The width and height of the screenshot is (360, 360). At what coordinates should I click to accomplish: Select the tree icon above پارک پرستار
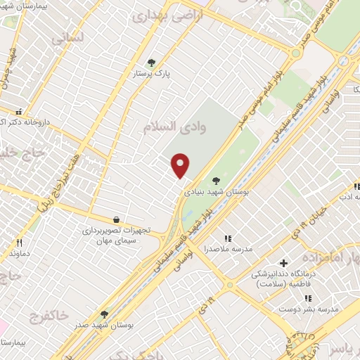(x=149, y=63)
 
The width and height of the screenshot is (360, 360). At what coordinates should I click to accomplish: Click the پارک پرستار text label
(x=154, y=73)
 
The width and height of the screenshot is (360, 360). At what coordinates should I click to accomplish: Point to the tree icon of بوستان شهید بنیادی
(x=215, y=181)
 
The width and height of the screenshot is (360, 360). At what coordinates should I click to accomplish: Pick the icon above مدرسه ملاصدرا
(x=226, y=239)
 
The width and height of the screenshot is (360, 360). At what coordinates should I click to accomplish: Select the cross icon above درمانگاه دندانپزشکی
(x=283, y=263)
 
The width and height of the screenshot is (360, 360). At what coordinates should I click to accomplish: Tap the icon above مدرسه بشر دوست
(x=307, y=298)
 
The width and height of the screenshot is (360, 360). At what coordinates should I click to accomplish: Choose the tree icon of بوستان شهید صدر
(x=104, y=314)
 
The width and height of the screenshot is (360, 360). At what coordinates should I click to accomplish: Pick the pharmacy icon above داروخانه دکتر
(x=19, y=112)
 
